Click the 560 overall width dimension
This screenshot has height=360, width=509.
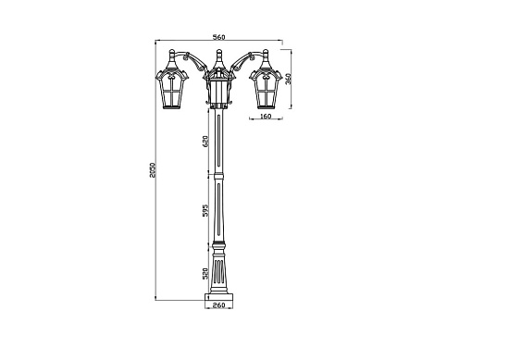click(x=218, y=36)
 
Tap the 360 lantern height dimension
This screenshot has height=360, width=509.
click(x=288, y=80)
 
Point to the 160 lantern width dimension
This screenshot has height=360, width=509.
click(x=266, y=118)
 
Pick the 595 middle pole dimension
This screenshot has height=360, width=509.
click(x=206, y=210)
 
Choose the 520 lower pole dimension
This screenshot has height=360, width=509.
click(x=206, y=273)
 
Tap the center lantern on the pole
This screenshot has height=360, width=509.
click(x=218, y=90)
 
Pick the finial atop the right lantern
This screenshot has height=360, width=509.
click(x=267, y=53)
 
